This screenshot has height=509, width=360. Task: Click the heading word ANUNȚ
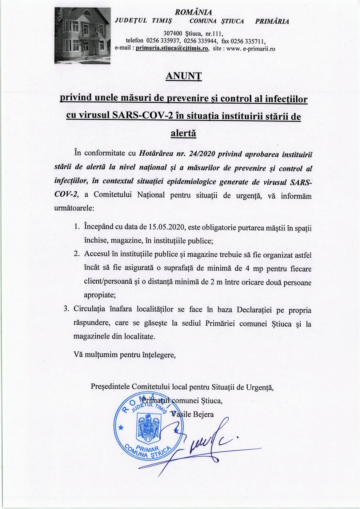(183, 76)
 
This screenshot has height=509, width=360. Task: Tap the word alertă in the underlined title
(183, 133)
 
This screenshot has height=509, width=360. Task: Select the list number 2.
(77, 254)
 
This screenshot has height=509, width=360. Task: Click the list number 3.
(66, 310)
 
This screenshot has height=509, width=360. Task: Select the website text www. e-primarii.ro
(251, 48)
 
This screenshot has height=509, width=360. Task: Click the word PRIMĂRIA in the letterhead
(272, 21)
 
